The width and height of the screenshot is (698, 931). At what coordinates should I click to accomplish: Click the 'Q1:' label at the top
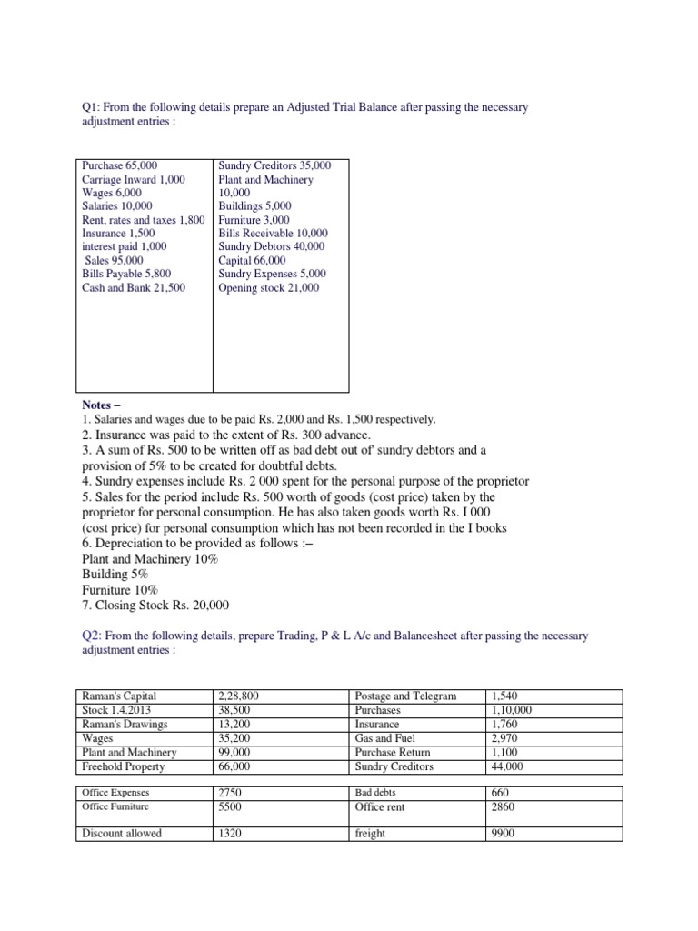point(93,108)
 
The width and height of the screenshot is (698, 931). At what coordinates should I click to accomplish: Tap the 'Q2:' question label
point(93,636)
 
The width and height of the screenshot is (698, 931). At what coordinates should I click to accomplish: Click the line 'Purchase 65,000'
point(119,165)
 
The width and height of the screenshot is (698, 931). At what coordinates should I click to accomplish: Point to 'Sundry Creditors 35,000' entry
point(274,165)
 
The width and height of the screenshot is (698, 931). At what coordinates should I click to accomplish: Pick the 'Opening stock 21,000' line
point(268,287)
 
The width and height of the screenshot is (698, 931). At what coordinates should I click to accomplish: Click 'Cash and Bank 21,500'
point(134,287)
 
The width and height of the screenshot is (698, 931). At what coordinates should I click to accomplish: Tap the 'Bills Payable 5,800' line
point(126,274)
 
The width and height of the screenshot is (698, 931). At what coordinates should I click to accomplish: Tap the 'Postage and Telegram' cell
point(405,696)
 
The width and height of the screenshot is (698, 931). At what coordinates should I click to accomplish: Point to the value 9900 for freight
point(503,834)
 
